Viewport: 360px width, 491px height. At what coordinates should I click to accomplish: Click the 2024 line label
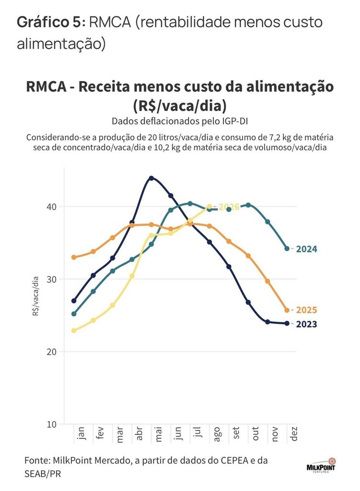point(306,249)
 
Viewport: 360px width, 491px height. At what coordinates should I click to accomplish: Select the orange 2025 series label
point(306,310)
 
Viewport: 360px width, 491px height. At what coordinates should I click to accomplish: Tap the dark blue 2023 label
point(306,324)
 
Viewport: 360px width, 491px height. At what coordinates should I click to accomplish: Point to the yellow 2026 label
point(229,207)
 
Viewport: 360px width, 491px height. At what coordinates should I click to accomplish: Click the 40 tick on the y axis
point(52,207)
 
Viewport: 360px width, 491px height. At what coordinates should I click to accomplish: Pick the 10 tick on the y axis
point(52,424)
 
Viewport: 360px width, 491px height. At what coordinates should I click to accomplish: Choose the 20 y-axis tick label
point(52,351)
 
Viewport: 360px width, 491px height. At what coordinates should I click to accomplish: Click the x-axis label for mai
point(158,433)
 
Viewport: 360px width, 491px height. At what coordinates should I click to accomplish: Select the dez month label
point(294,433)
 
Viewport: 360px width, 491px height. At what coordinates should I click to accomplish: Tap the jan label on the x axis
point(81,433)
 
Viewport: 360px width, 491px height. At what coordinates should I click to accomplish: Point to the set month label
point(236,433)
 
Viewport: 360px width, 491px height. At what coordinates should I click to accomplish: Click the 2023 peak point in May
point(151,178)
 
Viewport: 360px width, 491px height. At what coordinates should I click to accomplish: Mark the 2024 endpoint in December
point(287,249)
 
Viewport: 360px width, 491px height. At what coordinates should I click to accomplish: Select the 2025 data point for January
point(74,257)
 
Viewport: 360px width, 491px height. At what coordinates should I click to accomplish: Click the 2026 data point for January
point(74,330)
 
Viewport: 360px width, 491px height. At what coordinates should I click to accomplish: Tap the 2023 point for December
point(287,323)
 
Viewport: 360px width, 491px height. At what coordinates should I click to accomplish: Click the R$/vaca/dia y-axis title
point(35,296)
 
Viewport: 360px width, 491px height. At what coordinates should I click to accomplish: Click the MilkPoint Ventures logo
point(321,465)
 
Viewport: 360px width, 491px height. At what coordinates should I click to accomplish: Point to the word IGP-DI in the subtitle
point(235,121)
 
